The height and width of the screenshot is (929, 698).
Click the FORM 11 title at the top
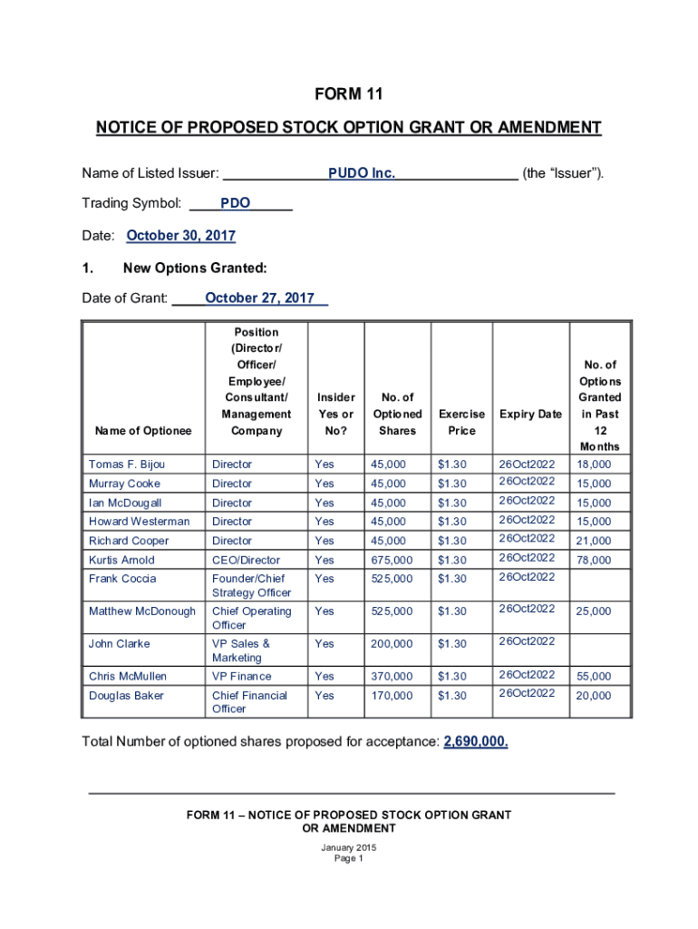[349, 94]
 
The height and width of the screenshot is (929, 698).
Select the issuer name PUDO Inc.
[362, 172]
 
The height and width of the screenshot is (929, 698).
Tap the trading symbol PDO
[235, 203]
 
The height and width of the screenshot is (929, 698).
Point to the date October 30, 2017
[180, 236]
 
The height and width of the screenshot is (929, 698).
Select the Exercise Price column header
[461, 422]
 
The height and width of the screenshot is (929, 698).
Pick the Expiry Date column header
[530, 414]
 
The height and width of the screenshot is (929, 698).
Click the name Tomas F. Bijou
[127, 464]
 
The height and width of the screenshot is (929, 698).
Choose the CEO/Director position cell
[246, 561]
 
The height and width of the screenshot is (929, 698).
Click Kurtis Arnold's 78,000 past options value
[594, 561]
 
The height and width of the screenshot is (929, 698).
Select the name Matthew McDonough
[142, 611]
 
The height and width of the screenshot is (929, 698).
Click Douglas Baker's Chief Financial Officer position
[249, 702]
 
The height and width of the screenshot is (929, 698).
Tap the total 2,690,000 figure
[476, 742]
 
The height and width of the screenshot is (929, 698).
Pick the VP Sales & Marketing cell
[241, 650]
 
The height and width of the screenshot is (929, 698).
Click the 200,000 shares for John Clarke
[391, 644]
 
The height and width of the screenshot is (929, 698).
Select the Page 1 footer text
[349, 859]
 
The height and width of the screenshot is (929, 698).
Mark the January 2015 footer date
[349, 848]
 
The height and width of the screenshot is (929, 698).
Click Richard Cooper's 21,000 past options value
[594, 542]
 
